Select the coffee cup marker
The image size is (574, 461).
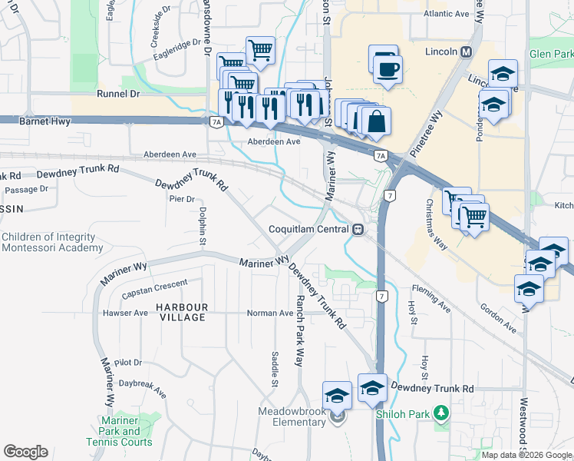click(x=387, y=68)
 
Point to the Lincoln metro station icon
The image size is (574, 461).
click(x=466, y=52)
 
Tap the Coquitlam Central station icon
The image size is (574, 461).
click(x=358, y=229)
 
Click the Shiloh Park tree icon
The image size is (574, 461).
click(x=441, y=413)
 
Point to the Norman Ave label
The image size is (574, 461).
click(x=270, y=313)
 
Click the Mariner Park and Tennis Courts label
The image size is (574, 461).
click(x=125, y=436)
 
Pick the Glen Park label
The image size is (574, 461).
click(x=551, y=55)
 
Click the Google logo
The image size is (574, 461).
click(x=25, y=451)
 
